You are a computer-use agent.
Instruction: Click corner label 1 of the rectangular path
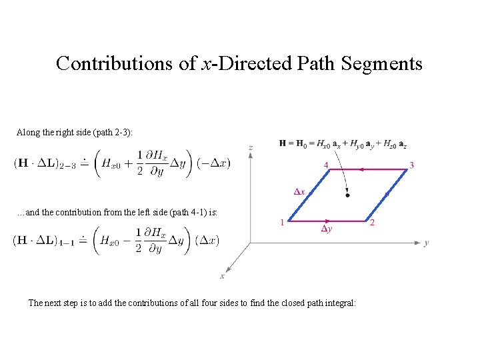(x=282, y=222)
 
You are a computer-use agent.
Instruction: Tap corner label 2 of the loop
(x=372, y=223)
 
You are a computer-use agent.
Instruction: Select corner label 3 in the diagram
(x=412, y=165)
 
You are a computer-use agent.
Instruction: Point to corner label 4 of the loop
(x=325, y=165)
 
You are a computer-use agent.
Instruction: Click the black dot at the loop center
(x=347, y=195)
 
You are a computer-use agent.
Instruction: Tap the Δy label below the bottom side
(x=326, y=229)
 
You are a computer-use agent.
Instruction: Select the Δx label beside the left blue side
(x=299, y=192)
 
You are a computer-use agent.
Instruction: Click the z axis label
(x=250, y=147)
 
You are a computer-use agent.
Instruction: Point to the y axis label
(x=427, y=243)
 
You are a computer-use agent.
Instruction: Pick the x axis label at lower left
(x=222, y=276)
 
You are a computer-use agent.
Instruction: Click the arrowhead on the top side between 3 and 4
(x=361, y=169)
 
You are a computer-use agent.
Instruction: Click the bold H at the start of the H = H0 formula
(x=283, y=143)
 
